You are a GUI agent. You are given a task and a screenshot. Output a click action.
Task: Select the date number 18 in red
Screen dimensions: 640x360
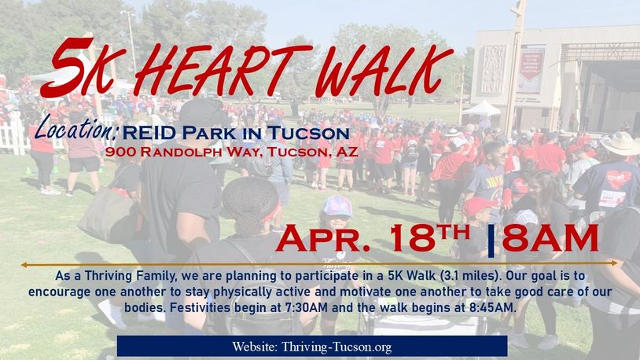[412, 238]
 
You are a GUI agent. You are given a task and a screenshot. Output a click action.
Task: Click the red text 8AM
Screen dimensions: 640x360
[550, 238]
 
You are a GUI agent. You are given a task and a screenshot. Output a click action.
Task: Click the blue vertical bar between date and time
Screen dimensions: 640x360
[491, 241]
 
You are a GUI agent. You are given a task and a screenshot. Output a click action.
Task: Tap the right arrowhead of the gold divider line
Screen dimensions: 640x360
[615, 263]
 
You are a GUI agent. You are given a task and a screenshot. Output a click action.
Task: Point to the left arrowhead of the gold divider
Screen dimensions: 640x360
[24, 265]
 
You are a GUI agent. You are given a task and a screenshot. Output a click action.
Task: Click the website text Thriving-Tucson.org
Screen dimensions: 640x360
[337, 347]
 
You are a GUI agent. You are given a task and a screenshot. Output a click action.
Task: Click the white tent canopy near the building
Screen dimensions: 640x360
[482, 108]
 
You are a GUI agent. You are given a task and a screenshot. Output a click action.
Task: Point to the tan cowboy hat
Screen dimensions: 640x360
[622, 144]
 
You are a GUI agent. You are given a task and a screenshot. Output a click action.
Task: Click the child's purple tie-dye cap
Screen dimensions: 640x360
[337, 206]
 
